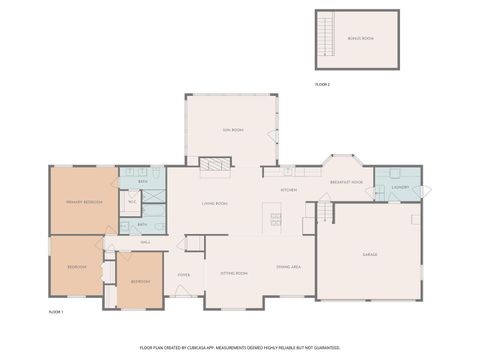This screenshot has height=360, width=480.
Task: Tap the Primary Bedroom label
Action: pos(83,202)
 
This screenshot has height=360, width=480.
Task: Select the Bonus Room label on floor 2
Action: pos(360,38)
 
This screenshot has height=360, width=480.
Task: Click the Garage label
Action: pos(369,255)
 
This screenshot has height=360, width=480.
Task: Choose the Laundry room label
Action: pos(398,187)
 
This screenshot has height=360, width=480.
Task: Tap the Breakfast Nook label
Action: pos(346,182)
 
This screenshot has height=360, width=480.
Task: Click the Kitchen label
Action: pos(289,189)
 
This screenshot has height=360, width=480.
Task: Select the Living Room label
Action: pos(214,203)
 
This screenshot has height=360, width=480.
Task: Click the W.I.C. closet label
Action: pos(131,202)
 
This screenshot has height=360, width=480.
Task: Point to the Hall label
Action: pos(145,242)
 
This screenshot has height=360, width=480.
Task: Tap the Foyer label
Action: pos(184,274)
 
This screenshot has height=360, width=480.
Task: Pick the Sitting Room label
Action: pos(234,273)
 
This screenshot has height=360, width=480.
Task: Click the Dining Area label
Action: pos(289,267)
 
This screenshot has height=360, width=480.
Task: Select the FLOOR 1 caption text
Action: pos(56,312)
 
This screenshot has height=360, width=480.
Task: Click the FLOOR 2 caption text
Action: pos(322,85)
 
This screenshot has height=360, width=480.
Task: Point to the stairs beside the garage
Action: pos(324,212)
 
